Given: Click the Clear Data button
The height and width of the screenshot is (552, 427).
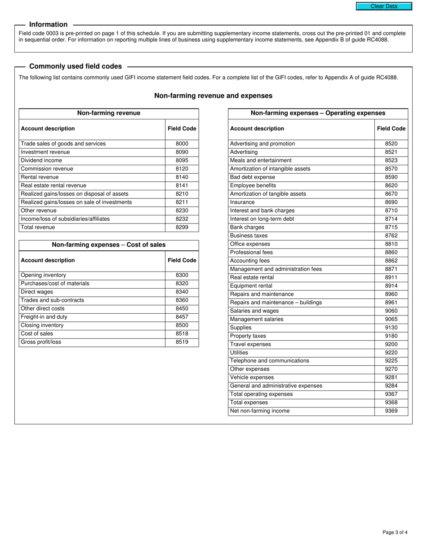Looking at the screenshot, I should coord(384,6).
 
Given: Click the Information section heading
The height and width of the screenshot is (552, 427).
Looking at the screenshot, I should coord(48,25).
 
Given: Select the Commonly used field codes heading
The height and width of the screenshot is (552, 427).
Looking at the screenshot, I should coord(75,66).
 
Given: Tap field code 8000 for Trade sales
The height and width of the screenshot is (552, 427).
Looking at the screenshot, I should coord(182,144).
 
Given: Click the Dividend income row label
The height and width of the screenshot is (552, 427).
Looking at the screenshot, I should coord(41,160).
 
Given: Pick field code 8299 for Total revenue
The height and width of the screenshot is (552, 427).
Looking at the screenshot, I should coord(182,227).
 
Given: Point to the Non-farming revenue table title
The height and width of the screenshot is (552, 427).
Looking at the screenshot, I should coord(108,113).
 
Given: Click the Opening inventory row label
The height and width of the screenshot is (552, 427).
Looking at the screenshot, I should coord(43,275).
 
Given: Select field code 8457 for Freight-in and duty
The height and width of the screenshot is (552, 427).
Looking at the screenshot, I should coord(182,317).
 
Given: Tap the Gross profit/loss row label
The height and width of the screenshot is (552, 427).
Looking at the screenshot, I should coord(41,342).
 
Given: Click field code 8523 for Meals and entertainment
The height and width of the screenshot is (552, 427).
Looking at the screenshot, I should coord(391,160).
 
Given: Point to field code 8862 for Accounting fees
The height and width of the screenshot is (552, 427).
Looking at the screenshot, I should coord(391,261).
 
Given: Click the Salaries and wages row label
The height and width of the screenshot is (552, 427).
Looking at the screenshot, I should coord(254,311).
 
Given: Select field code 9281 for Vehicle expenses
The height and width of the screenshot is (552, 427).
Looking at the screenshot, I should coord(391,377).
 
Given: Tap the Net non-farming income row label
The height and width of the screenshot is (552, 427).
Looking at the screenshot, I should coord(259,411).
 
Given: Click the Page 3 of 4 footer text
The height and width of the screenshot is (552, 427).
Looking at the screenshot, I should coord(395,533).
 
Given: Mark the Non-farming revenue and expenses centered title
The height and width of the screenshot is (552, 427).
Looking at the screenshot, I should coord(213,96).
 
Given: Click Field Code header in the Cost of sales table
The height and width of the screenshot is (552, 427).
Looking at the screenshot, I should coord(182,260).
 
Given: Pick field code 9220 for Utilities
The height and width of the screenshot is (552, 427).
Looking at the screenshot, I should coord(391,352).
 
